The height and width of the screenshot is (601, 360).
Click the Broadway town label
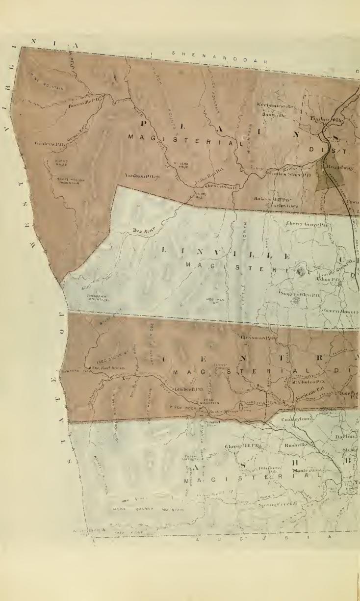[336, 167]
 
